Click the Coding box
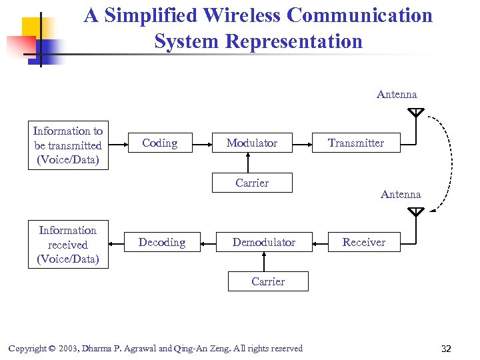coord(160,143)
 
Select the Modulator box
coord(251,143)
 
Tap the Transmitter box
coord(356,143)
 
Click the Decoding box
coord(162,242)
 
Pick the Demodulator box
coord(263,242)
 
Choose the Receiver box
coord(363,242)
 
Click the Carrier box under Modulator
coord(251,183)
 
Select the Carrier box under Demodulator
coord(268,281)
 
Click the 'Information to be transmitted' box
coord(67,145)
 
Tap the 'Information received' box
coord(67,245)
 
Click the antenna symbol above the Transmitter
coord(415,112)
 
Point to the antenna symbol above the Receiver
coord(415,212)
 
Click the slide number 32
coord(446,349)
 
